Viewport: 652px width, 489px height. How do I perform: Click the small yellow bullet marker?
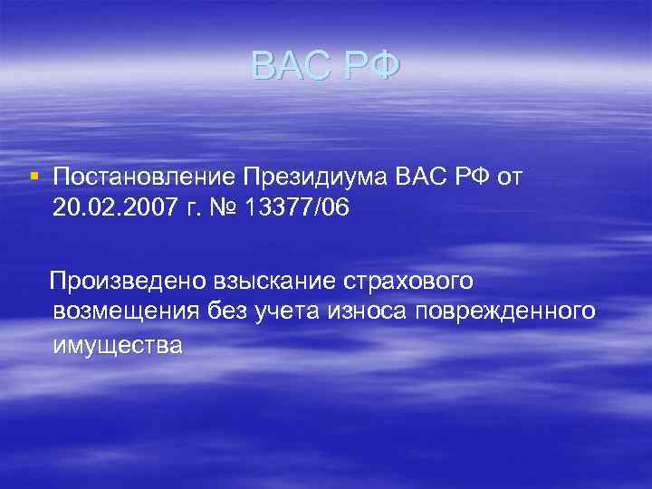(x=33, y=174)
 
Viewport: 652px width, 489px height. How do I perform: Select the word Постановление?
(x=143, y=177)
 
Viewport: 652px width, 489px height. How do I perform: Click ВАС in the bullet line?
(x=421, y=177)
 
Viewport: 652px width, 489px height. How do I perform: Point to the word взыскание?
(x=273, y=281)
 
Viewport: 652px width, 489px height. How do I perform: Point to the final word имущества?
(x=118, y=345)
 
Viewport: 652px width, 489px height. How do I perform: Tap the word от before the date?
(x=510, y=177)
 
